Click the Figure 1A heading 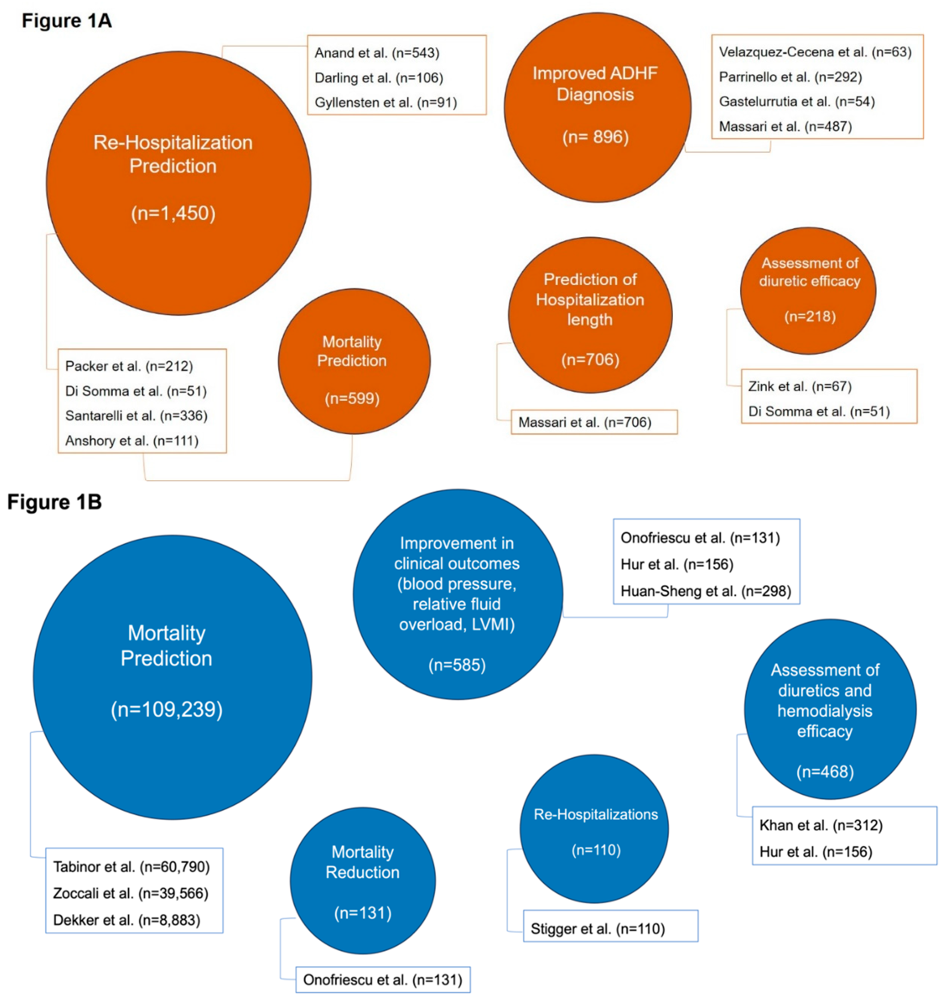(x=66, y=21)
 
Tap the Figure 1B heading (x=54, y=502)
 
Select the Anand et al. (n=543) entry (x=377, y=53)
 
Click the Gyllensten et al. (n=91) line (x=385, y=102)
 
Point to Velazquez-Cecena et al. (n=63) (x=814, y=52)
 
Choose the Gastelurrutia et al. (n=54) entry (x=796, y=101)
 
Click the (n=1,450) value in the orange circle (x=173, y=213)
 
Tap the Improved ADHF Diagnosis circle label (x=595, y=84)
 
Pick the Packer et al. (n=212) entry (x=129, y=366)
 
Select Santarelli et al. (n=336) (x=136, y=415)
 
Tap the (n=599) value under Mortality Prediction (x=352, y=399)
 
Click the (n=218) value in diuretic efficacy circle (x=809, y=316)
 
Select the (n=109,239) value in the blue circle (x=167, y=709)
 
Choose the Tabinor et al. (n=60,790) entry (x=131, y=866)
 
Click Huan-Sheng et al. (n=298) (x=705, y=591)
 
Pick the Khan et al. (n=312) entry (x=820, y=825)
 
